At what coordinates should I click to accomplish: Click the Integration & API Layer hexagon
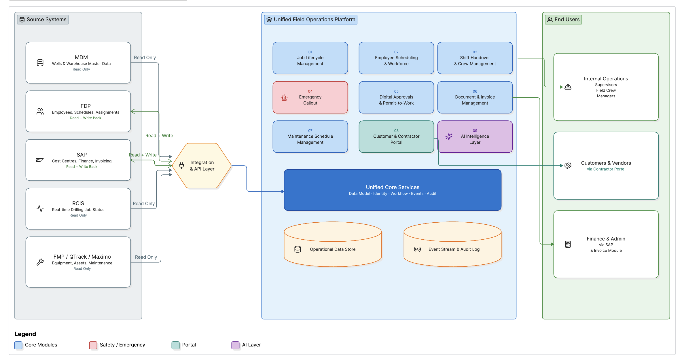[202, 166]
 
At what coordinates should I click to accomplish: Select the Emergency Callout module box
[310, 97]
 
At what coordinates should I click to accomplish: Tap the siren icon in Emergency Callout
[284, 97]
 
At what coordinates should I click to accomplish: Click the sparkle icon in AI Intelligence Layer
[449, 137]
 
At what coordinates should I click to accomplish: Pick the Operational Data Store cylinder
[333, 244]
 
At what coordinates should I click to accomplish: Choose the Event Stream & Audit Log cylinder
[452, 244]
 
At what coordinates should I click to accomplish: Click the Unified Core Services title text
[393, 187]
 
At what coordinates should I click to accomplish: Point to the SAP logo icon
[40, 160]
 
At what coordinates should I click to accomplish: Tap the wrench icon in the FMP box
[40, 262]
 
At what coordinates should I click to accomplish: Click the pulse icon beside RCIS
[40, 209]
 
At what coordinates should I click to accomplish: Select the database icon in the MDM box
[40, 63]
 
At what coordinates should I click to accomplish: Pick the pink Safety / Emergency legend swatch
[93, 345]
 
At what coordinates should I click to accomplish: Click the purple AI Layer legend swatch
[235, 345]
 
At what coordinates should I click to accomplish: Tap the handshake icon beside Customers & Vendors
[568, 166]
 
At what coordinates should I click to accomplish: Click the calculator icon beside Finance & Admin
[568, 244]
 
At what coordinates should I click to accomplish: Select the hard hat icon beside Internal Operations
[568, 87]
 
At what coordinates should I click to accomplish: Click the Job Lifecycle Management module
[310, 58]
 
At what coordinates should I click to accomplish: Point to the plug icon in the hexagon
[181, 166]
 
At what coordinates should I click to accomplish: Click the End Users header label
[563, 20]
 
